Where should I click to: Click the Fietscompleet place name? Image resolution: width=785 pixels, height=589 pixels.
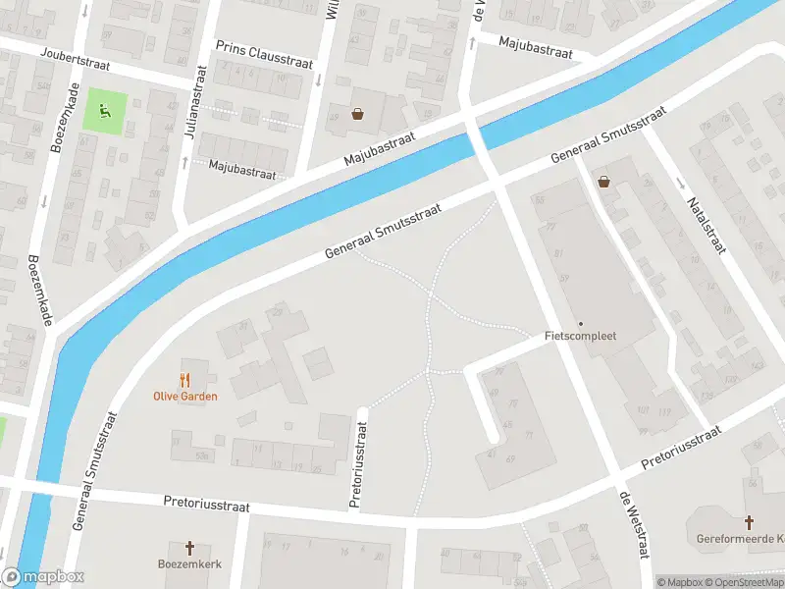pos(581,336)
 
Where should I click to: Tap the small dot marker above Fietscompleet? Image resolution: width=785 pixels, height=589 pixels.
pos(581,323)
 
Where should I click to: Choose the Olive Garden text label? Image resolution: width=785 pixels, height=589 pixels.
pos(184,397)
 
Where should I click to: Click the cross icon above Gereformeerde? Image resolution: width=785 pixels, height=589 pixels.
pos(749,522)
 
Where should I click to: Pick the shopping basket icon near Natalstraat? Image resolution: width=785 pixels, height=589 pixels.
pos(603,182)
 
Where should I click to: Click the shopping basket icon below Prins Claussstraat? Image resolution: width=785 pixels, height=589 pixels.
pos(358,114)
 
